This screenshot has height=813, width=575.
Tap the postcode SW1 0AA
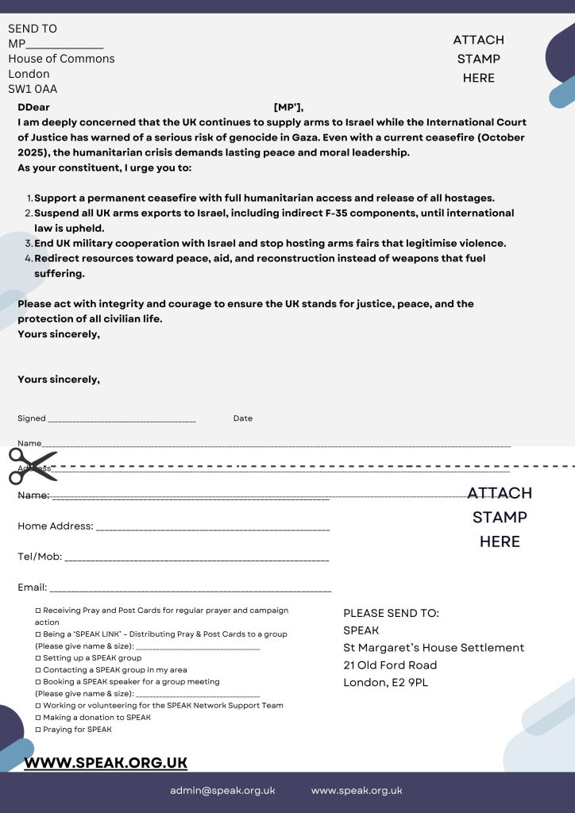point(33,89)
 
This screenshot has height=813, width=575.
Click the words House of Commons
point(61,59)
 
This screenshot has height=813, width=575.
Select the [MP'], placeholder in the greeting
point(288,108)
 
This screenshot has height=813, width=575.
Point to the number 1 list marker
point(29,198)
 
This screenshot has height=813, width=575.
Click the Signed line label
point(32,418)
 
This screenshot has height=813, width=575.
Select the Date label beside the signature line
point(243,418)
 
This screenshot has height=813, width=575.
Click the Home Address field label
point(55,526)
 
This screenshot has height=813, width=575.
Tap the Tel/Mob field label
point(40,557)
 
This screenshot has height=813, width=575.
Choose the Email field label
point(33,588)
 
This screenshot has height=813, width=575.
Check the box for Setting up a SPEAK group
point(38,658)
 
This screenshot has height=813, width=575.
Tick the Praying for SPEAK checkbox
point(38,729)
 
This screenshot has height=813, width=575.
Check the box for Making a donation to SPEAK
point(38,717)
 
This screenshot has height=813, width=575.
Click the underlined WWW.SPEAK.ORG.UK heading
point(106,762)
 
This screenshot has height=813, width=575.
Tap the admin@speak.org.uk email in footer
point(222,790)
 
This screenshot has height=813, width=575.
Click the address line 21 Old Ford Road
point(390,665)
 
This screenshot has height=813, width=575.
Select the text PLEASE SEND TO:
point(391,613)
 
